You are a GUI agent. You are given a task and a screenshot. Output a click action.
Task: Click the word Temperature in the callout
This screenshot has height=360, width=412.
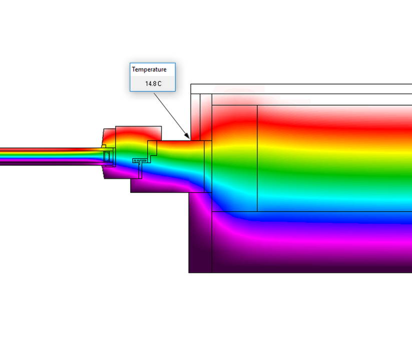tap(149, 69)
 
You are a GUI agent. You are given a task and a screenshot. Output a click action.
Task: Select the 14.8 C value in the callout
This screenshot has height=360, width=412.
tap(153, 83)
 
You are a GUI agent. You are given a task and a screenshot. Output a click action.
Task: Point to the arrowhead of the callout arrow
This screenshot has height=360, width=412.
tap(187, 135)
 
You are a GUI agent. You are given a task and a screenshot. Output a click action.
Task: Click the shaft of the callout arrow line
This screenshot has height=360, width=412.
tap(171, 115)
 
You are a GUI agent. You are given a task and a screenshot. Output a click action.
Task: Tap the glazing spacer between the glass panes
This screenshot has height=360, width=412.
tap(107, 156)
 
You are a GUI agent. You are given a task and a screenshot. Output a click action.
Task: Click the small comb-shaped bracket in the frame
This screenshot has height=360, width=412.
tap(139, 160)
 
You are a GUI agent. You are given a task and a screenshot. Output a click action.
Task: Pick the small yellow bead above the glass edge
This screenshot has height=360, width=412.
tap(104, 146)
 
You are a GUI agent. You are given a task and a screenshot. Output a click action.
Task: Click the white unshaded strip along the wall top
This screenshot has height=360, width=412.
tap(301, 89)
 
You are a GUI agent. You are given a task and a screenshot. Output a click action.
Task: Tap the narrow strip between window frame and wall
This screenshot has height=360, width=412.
tap(208, 166)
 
